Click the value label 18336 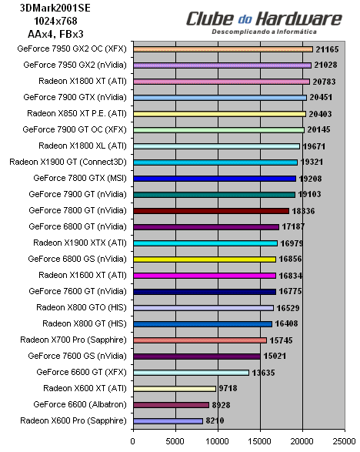tap(305, 210)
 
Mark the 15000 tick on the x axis tap(261, 440)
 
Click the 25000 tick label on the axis tap(345, 440)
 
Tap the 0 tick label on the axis tap(134, 440)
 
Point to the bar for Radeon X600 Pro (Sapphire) tap(168, 420)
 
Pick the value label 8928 tap(224, 404)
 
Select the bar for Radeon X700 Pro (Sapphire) tap(200, 340)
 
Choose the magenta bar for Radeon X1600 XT tap(205, 275)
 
